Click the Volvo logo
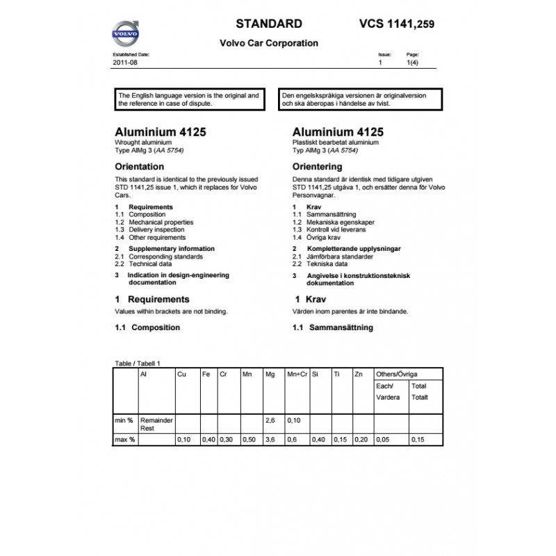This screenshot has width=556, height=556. pyautogui.click(x=126, y=33)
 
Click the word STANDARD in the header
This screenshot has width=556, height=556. pyautogui.click(x=269, y=23)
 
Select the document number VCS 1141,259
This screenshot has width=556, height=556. pyautogui.click(x=397, y=24)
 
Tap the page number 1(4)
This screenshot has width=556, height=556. pyautogui.click(x=411, y=63)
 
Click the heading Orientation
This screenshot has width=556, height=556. pyautogui.click(x=139, y=167)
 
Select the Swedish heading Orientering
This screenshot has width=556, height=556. pyautogui.click(x=318, y=167)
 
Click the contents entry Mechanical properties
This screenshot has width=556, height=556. pyautogui.click(x=161, y=222)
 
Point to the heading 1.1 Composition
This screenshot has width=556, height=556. pyautogui.click(x=147, y=327)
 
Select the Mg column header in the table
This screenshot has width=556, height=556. pyautogui.click(x=270, y=375)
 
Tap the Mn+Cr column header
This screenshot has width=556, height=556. pyautogui.click(x=297, y=375)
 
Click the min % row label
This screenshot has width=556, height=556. pyautogui.click(x=124, y=421)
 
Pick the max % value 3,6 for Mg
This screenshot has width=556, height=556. pyautogui.click(x=270, y=440)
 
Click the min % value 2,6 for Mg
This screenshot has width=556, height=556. pyautogui.click(x=270, y=421)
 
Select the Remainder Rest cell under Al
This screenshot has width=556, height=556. pyautogui.click(x=156, y=425)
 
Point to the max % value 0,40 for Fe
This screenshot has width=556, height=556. pyautogui.click(x=207, y=440)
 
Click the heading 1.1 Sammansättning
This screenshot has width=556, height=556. pyautogui.click(x=333, y=327)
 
